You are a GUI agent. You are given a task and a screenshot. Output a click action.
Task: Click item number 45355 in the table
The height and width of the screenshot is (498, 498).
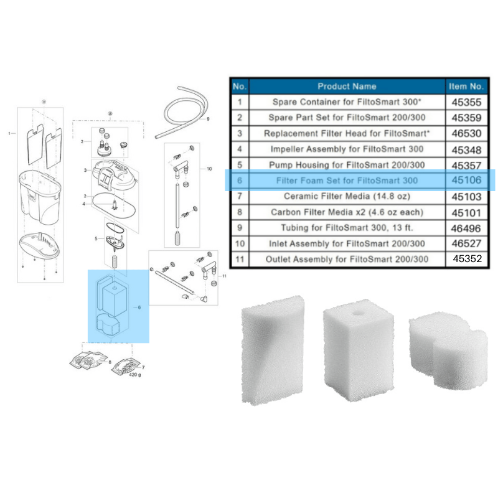[x=465, y=101]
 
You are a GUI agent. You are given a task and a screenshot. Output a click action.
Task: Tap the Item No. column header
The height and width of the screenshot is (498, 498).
[x=465, y=86]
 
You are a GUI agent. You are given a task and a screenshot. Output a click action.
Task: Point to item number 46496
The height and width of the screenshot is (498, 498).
[x=465, y=228]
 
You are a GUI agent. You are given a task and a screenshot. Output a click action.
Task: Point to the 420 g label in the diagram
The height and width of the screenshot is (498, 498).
[x=133, y=376]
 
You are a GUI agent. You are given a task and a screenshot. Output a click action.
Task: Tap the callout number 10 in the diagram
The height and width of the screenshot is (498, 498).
[x=209, y=169]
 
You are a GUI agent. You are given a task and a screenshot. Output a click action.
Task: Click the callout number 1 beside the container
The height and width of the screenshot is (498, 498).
[x=9, y=133]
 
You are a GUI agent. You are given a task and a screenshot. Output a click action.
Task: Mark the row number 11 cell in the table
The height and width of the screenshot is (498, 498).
[x=240, y=260]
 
